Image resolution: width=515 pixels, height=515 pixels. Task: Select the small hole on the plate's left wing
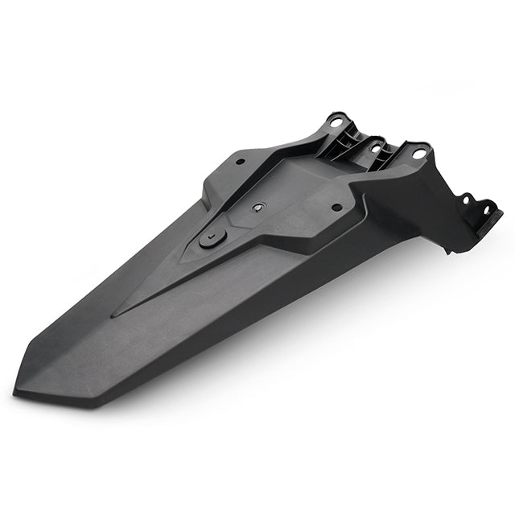coord(238,161)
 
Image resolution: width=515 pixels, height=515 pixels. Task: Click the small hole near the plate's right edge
coord(336,208)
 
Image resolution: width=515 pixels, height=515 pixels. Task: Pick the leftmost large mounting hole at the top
coord(336,122)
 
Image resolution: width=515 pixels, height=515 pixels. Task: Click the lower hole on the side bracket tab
coord(486,210)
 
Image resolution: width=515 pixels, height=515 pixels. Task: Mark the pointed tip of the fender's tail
coord(15,392)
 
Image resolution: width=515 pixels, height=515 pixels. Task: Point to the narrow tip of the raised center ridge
coord(113,315)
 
